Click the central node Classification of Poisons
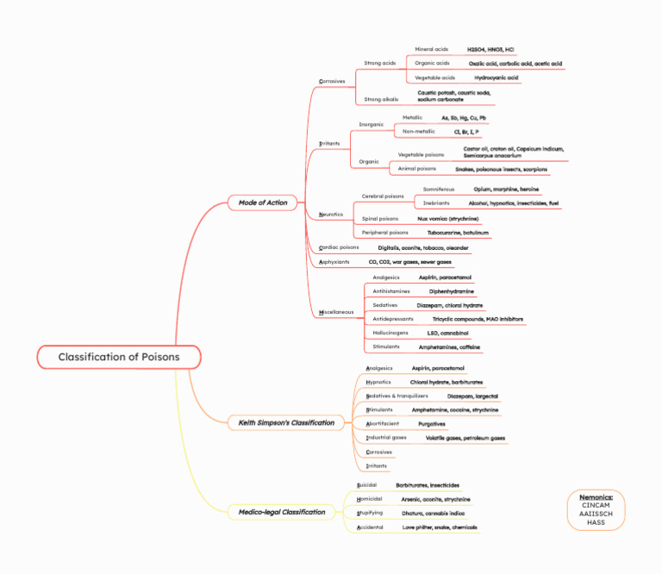click(120, 357)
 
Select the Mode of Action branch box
click(262, 203)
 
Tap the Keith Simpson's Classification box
click(286, 422)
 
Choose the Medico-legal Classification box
click(282, 512)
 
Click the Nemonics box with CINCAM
click(596, 509)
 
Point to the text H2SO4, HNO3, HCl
click(490, 50)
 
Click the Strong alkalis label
click(381, 99)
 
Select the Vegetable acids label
click(434, 78)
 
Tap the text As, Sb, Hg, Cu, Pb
click(464, 117)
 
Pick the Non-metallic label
click(419, 131)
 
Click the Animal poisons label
click(416, 169)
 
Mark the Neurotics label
click(331, 214)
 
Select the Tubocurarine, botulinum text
click(458, 233)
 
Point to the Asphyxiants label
click(334, 261)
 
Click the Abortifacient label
click(384, 423)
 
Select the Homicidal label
click(370, 498)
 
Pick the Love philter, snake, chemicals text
click(440, 527)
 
